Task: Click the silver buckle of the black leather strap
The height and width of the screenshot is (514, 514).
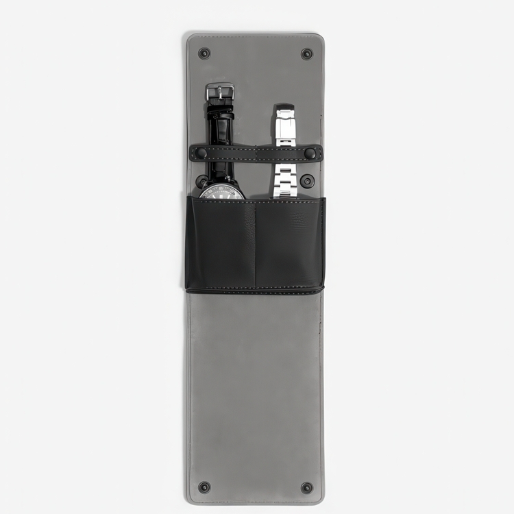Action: click(220, 90)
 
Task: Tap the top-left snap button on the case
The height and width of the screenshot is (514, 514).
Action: click(204, 53)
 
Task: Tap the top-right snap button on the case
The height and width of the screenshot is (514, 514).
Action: click(306, 53)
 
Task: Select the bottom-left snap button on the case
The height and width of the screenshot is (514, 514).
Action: click(204, 487)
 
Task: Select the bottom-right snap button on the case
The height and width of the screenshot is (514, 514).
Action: click(306, 487)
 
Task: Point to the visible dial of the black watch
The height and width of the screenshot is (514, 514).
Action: click(221, 191)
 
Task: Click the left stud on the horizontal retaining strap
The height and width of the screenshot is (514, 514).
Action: click(201, 154)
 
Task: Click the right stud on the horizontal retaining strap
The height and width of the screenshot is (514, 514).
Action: click(310, 154)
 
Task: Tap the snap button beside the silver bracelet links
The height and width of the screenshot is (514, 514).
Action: click(307, 181)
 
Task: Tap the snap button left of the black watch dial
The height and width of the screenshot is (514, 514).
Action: click(201, 182)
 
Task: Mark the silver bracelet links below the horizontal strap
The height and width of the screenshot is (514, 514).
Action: click(284, 180)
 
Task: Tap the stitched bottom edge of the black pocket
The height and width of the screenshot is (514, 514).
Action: click(255, 290)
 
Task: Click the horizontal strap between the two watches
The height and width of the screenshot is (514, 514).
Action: click(254, 154)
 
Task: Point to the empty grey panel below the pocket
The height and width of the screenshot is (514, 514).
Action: click(255, 384)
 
